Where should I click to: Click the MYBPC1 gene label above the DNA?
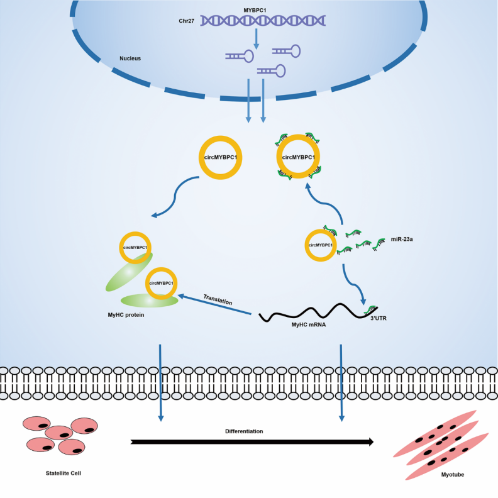click(x=256, y=11)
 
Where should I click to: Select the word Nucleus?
click(x=130, y=58)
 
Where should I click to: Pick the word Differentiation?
click(x=244, y=431)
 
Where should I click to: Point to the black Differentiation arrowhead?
click(x=368, y=442)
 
